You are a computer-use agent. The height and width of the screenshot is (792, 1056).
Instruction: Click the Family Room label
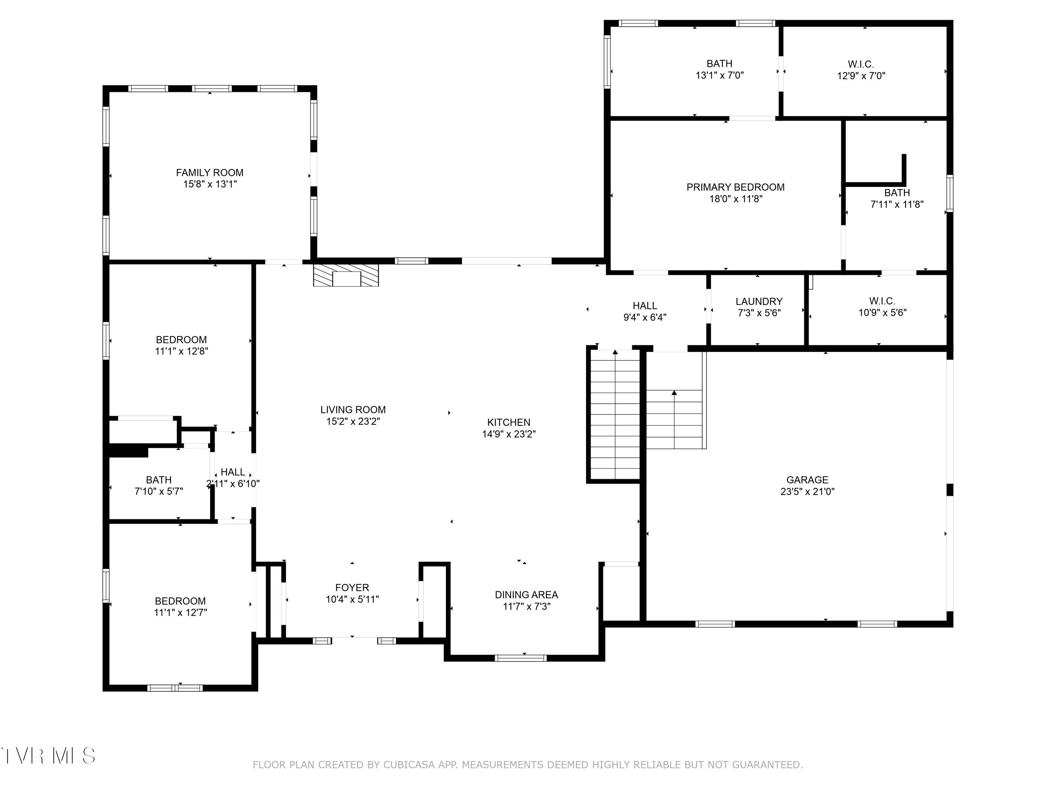209,173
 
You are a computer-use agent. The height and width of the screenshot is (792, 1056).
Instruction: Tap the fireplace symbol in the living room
346,276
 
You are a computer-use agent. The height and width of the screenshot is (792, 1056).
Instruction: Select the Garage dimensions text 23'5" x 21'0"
807,491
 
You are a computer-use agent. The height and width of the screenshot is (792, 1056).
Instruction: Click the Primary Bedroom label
735,187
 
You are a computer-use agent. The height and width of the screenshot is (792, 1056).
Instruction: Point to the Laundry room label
759,301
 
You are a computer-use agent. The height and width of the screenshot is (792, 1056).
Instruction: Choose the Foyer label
352,588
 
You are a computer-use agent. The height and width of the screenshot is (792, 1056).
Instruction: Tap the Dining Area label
526,595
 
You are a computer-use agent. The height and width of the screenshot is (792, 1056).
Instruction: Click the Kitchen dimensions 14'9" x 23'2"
509,434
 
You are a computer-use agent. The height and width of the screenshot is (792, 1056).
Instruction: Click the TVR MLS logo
48,756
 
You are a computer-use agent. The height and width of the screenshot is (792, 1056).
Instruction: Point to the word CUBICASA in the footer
409,765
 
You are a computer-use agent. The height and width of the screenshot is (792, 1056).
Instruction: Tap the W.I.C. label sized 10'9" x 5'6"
882,301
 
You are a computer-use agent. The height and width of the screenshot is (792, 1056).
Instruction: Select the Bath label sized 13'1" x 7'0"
719,63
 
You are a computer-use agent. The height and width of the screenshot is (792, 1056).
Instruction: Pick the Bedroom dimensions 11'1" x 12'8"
181,351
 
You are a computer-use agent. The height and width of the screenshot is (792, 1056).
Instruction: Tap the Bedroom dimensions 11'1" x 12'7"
181,612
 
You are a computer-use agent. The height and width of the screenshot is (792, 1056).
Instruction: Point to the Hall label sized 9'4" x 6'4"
645,306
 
